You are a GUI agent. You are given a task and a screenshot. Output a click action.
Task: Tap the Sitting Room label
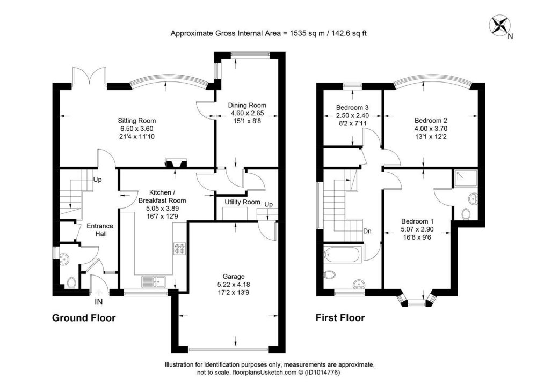point(137,121)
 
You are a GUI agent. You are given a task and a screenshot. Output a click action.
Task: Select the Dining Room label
point(247,105)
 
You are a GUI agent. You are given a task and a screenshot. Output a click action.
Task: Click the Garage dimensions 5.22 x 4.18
point(234,285)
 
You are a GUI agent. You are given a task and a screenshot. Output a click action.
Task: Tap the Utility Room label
point(238,202)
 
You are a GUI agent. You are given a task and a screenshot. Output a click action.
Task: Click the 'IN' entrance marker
point(99,302)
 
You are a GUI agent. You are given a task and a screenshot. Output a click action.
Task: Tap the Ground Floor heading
point(84,318)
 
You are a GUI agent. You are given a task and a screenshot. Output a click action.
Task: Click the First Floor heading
point(340,318)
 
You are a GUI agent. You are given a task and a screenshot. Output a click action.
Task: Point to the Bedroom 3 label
point(349,107)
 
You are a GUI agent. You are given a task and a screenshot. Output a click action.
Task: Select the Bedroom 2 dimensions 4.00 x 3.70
point(431,129)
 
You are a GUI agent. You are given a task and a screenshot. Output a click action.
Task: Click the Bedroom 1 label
point(417,221)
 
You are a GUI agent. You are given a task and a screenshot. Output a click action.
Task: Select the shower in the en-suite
point(463,178)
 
